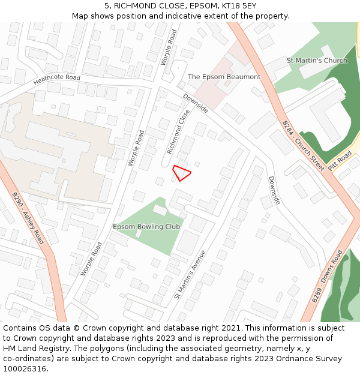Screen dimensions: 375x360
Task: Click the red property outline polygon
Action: click(181, 173)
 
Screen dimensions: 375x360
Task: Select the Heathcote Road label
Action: click(57, 79)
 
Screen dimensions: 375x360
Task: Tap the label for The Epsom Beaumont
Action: click(224, 77)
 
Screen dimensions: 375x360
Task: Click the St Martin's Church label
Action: click(317, 61)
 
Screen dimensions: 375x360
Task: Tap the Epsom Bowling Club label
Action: click(146, 227)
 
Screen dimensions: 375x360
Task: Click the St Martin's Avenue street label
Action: click(190, 274)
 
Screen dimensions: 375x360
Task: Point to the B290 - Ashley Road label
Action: click(28, 218)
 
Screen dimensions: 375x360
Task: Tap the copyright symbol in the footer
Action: click(76, 328)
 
